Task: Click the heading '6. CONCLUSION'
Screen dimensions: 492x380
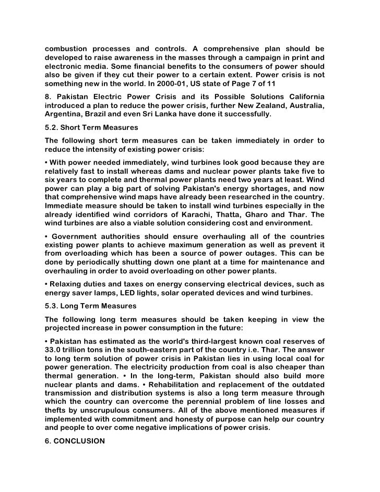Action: [75, 440]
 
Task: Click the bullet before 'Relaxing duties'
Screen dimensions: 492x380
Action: [46, 284]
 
